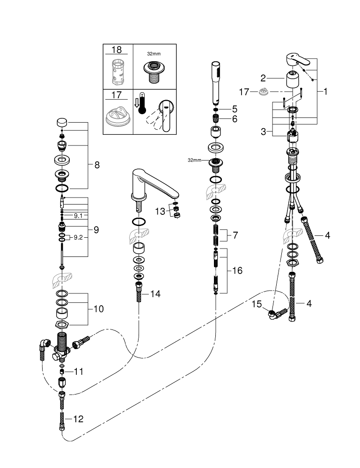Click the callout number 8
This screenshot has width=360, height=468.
pyautogui.click(x=97, y=165)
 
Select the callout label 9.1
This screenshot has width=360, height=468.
pyautogui.click(x=78, y=216)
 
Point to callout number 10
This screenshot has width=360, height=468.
pyautogui.click(x=98, y=309)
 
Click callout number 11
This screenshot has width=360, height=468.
pyautogui.click(x=78, y=372)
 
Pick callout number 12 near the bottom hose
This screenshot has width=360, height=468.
pyautogui.click(x=78, y=419)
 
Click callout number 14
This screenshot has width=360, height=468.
pyautogui.click(x=155, y=294)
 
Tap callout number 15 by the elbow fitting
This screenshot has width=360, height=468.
pyautogui.click(x=257, y=304)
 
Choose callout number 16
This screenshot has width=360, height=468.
pyautogui.click(x=237, y=271)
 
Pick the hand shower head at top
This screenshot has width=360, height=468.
pyautogui.click(x=216, y=80)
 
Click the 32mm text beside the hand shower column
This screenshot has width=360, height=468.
pyautogui.click(x=194, y=160)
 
